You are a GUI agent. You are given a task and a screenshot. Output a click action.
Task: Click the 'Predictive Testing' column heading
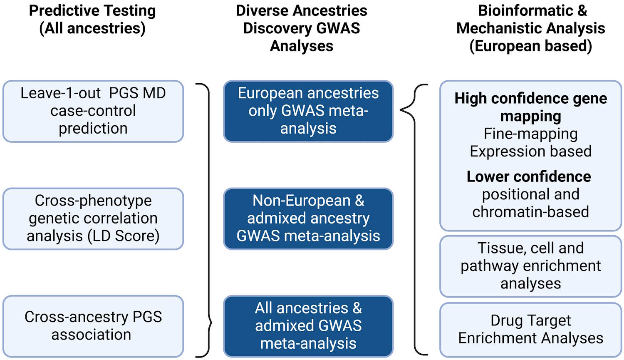tap(92, 11)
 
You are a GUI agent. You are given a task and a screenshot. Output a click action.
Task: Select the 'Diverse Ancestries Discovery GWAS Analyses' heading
tap(301, 28)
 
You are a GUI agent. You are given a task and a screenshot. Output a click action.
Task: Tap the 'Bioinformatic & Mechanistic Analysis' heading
tap(530, 20)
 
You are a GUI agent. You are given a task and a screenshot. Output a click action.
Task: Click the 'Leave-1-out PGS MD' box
tap(93, 111)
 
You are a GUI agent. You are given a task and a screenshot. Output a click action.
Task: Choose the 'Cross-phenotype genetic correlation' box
tap(93, 218)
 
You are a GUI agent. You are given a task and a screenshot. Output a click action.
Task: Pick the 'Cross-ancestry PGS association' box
tap(93, 326)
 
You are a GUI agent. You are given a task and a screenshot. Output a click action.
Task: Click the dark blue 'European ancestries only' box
tap(308, 111)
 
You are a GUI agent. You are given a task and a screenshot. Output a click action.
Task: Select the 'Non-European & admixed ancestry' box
tap(308, 218)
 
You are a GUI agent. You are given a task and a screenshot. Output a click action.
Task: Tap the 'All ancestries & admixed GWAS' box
tap(308, 326)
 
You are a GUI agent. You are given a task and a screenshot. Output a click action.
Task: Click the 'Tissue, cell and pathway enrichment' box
tap(530, 266)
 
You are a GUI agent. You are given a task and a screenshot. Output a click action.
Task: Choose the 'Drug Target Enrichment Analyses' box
tap(530, 330)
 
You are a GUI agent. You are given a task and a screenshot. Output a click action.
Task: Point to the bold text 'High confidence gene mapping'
tap(530, 107)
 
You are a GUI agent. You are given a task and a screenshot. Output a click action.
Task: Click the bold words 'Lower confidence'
tap(529, 176)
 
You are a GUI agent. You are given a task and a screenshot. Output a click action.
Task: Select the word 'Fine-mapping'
tap(530, 134)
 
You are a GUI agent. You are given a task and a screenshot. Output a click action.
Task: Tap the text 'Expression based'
tap(530, 151)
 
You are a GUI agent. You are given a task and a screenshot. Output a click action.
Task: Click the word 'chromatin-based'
tap(530, 212)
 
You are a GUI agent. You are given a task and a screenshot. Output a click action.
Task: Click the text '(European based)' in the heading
tap(530, 46)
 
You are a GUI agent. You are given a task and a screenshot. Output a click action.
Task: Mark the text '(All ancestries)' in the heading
tap(92, 28)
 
